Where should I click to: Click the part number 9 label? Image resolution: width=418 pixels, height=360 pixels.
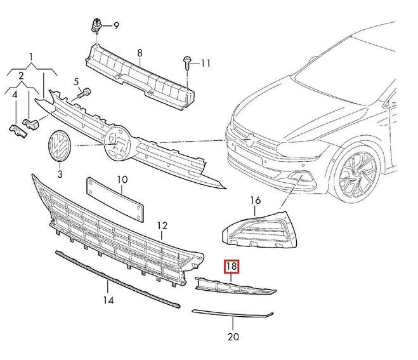coord(116,25)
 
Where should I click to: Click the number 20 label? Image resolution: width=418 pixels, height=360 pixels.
coord(233,336)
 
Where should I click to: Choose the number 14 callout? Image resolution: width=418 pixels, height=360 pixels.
coord(108,299)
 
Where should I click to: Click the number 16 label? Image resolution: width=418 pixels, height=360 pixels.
coord(255,201)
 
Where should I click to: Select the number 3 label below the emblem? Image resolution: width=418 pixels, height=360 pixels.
coord(60,173)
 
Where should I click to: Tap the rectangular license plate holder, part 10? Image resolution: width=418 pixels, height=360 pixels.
coord(114,198)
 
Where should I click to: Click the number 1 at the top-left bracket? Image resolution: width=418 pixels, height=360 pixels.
coord(31,58)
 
